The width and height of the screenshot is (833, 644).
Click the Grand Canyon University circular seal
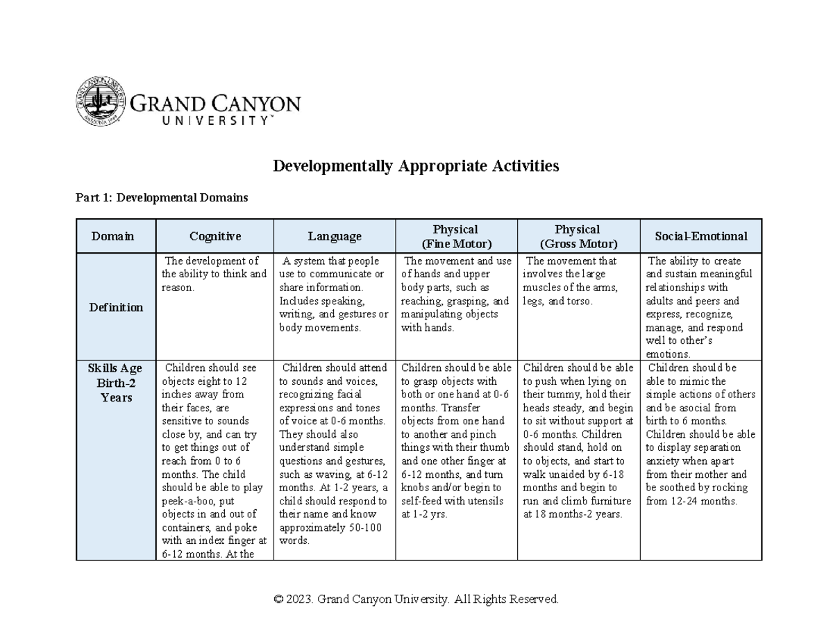[x=101, y=101]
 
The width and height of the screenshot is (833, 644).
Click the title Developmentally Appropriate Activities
[x=415, y=166]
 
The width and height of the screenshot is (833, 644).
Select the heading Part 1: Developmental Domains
[x=161, y=198]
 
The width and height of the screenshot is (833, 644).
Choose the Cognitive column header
[x=215, y=236]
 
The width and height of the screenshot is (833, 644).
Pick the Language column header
[x=335, y=236]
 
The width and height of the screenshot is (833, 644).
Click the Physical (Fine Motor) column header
[x=455, y=236]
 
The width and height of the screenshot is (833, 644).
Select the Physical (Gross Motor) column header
[x=578, y=236]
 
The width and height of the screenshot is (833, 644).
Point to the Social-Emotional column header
[x=700, y=236]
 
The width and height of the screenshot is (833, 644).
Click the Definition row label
[x=115, y=307]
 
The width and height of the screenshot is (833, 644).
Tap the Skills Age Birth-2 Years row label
[x=115, y=383]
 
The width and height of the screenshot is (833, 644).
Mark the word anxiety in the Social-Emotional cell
[x=664, y=461]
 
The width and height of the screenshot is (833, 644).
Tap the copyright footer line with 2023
[x=416, y=599]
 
